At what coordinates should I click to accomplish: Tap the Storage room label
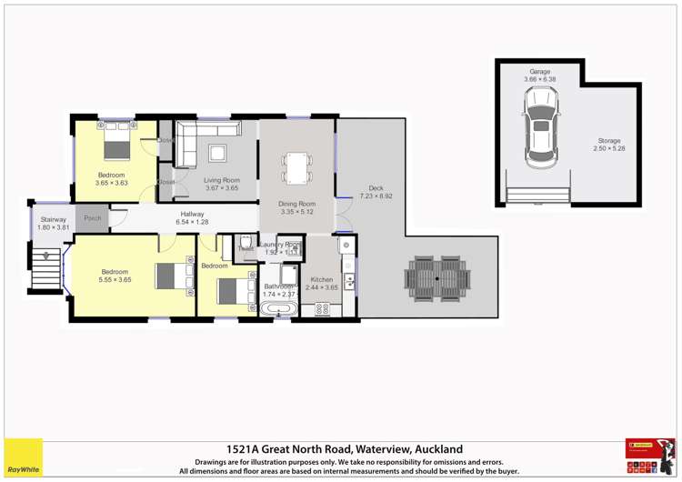pyautogui.click(x=609, y=141)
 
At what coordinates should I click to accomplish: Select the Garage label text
pyautogui.click(x=539, y=71)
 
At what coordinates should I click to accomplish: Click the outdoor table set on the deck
pyautogui.click(x=438, y=276)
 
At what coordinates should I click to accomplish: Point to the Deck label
pyautogui.click(x=376, y=188)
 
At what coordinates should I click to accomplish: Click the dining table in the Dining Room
pyautogui.click(x=297, y=167)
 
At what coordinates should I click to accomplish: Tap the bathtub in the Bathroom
pyautogui.click(x=278, y=310)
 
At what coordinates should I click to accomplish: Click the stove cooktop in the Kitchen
pyautogui.click(x=322, y=310)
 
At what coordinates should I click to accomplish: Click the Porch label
pyautogui.click(x=93, y=218)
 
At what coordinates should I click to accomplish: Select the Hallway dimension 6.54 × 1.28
pyautogui.click(x=191, y=221)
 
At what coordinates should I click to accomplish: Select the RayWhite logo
pyautogui.click(x=22, y=457)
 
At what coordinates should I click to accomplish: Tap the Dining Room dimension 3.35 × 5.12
pyautogui.click(x=297, y=211)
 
